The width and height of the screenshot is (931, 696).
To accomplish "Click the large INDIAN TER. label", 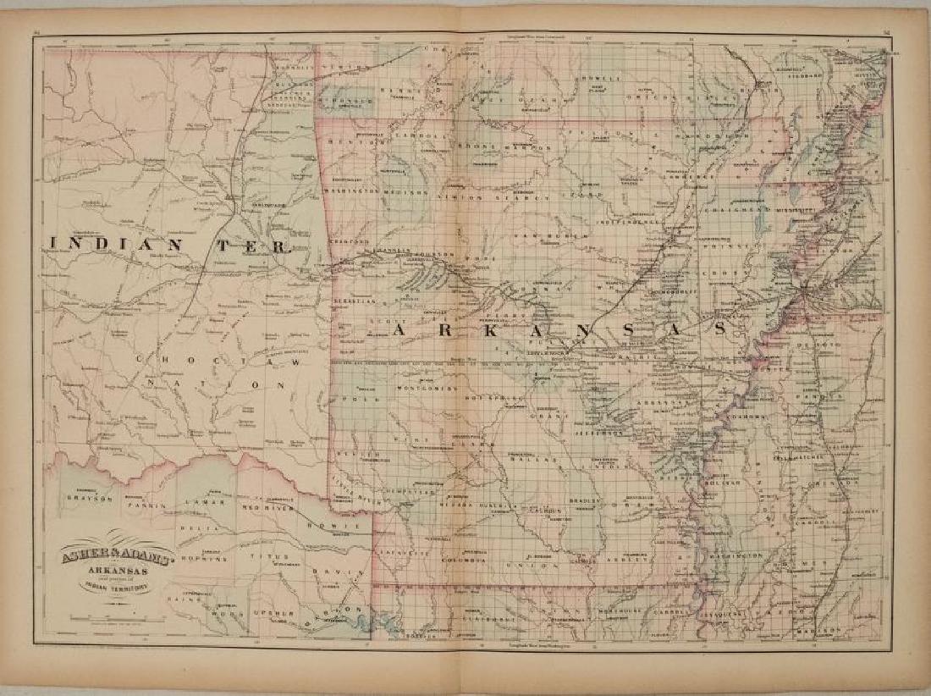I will point(169,246).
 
